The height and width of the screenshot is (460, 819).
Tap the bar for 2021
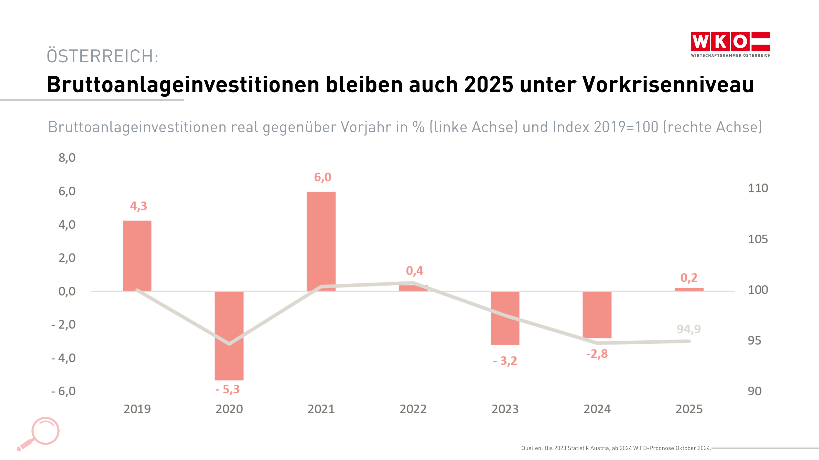pyautogui.click(x=321, y=241)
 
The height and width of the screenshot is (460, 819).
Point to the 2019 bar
pyautogui.click(x=137, y=256)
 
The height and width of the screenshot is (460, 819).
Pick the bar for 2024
pyautogui.click(x=597, y=315)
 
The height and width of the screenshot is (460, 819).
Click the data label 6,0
pyautogui.click(x=322, y=177)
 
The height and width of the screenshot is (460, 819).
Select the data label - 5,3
pyautogui.click(x=228, y=389)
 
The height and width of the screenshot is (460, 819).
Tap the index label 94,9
pyautogui.click(x=688, y=329)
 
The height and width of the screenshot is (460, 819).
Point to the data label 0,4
pyautogui.click(x=414, y=271)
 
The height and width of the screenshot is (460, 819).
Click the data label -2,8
pyautogui.click(x=597, y=354)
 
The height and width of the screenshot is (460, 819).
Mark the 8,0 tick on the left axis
pyautogui.click(x=67, y=158)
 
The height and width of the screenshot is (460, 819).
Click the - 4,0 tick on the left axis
pyautogui.click(x=63, y=358)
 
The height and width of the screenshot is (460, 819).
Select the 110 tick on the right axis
pyautogui.click(x=758, y=188)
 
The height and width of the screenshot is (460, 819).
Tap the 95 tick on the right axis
pyautogui.click(x=754, y=341)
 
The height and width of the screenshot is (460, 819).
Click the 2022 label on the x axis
pyautogui.click(x=413, y=409)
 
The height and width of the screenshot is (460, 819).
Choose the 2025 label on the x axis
pyautogui.click(x=689, y=409)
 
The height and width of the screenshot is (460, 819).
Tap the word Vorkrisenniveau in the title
pyautogui.click(x=668, y=85)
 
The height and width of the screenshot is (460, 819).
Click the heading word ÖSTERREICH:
pyautogui.click(x=102, y=56)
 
